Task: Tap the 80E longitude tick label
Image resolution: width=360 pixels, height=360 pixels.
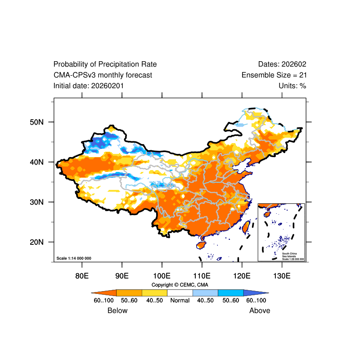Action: point(81,275)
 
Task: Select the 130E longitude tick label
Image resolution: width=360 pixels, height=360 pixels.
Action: point(282,275)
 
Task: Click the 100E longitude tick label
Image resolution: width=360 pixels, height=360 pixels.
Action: point(162,275)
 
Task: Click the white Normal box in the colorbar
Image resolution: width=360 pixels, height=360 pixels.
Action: point(180,292)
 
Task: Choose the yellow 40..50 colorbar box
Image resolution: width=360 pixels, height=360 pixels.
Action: point(154,292)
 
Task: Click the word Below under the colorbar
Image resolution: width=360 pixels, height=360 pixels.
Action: point(117,310)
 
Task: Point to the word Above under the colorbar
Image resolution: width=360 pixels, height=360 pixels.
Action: point(260,310)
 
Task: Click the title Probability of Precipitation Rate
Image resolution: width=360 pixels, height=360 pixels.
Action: point(105,64)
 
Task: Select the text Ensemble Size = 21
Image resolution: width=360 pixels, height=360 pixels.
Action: point(274,75)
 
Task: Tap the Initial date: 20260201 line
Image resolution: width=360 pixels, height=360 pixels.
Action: point(89,85)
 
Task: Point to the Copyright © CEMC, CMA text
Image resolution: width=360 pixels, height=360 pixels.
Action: point(180,285)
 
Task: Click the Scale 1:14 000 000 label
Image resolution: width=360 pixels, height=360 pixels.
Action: point(74,258)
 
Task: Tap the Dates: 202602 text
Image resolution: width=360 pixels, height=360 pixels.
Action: point(282,64)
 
